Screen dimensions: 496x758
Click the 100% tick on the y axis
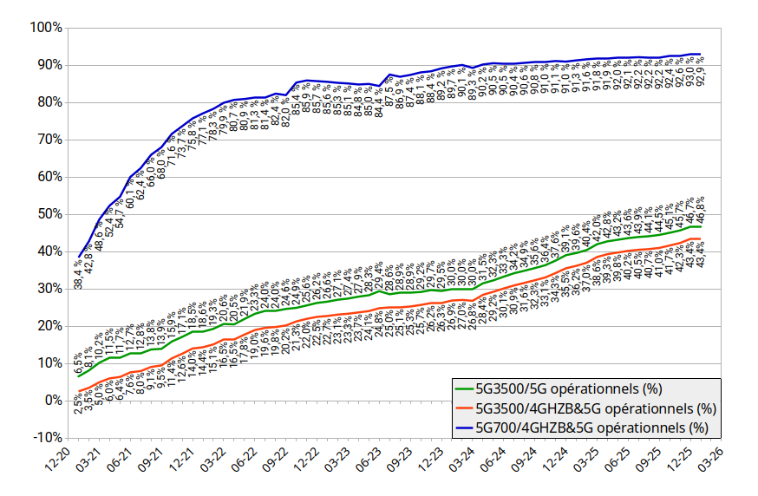pos(45,28)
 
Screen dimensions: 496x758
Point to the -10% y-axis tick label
pos(45,437)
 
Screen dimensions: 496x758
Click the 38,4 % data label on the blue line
pos(79,273)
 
